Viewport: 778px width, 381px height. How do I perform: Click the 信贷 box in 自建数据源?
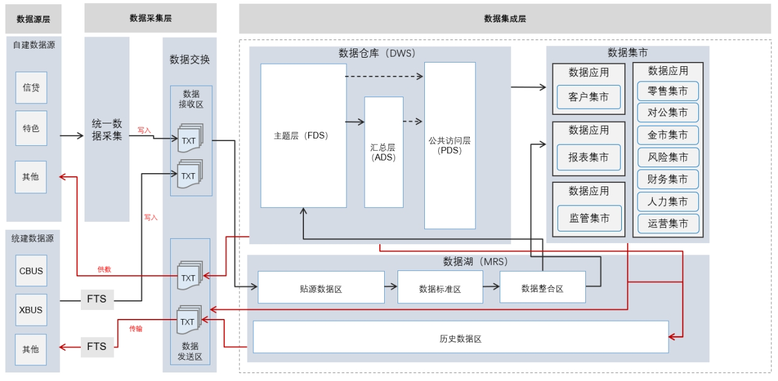[31, 88]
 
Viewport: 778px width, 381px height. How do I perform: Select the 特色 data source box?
[31, 128]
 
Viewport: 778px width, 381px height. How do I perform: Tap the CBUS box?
[31, 271]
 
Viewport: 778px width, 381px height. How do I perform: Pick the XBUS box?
[31, 310]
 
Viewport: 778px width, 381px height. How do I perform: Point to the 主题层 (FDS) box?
[303, 136]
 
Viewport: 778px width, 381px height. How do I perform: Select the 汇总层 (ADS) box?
[384, 152]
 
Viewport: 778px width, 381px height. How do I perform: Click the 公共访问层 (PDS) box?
[450, 145]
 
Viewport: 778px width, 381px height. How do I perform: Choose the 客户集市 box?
[588, 97]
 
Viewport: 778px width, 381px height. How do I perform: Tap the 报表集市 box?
[588, 157]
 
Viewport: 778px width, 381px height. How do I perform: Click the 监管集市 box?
[589, 218]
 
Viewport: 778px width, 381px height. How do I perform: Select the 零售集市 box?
[668, 91]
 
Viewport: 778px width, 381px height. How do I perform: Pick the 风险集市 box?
[668, 157]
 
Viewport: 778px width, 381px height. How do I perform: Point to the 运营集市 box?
[668, 224]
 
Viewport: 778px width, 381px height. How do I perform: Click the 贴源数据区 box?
[321, 287]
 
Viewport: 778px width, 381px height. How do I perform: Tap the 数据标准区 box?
[440, 287]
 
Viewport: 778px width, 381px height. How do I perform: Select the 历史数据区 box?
[461, 337]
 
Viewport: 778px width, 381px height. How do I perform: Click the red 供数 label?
[105, 269]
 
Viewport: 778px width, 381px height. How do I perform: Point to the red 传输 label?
[136, 329]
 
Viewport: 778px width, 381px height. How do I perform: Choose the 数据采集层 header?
[151, 18]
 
